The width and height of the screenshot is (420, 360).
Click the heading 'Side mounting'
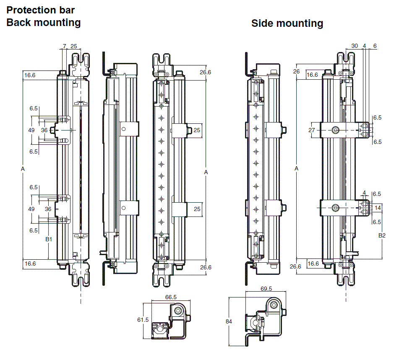tap(287, 23)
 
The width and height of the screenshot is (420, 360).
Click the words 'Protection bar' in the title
tap(40, 10)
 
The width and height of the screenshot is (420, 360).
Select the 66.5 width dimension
tap(171, 297)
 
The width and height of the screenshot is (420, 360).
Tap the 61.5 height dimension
tap(143, 320)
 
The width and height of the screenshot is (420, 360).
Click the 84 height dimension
tap(229, 322)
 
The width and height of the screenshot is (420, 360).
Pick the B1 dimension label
tap(48, 239)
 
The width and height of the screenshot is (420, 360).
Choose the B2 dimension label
tap(381, 235)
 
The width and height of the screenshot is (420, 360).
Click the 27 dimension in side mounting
tap(311, 130)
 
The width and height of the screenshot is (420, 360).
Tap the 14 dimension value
tap(378, 208)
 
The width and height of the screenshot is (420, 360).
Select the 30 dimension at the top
tap(355, 46)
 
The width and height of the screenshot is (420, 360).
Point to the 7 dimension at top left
tap(64, 46)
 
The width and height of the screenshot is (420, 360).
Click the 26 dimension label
tap(297, 71)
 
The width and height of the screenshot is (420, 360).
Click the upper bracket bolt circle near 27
tap(335, 130)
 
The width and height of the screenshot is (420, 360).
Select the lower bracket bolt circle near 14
tap(335, 208)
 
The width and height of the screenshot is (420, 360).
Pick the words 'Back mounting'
tap(44, 22)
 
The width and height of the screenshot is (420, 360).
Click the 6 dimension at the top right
tap(375, 46)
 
